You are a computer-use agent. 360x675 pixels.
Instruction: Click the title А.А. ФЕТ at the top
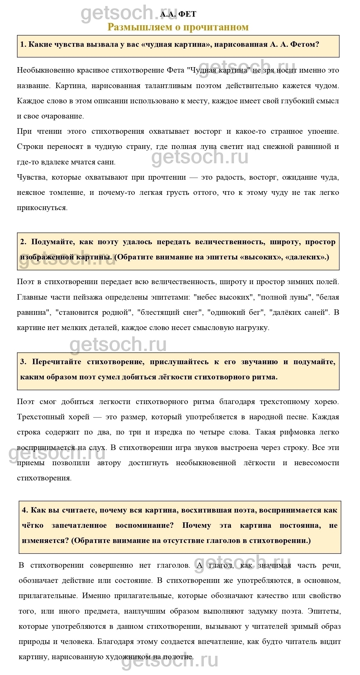pyautogui.click(x=178, y=14)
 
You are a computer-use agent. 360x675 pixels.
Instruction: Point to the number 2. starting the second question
pyautogui.click(x=23, y=242)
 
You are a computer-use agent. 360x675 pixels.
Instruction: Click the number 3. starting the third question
pyautogui.click(x=23, y=362)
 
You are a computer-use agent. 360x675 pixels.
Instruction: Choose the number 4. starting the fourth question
pyautogui.click(x=25, y=510)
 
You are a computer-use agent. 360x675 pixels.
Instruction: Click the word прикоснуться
pyautogui.click(x=42, y=207)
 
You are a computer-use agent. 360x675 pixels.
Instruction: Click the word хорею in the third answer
pyautogui.click(x=327, y=401)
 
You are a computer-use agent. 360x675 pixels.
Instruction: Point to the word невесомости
pyautogui.click(x=317, y=462)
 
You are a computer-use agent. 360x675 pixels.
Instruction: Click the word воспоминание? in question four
pyautogui.click(x=144, y=525)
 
